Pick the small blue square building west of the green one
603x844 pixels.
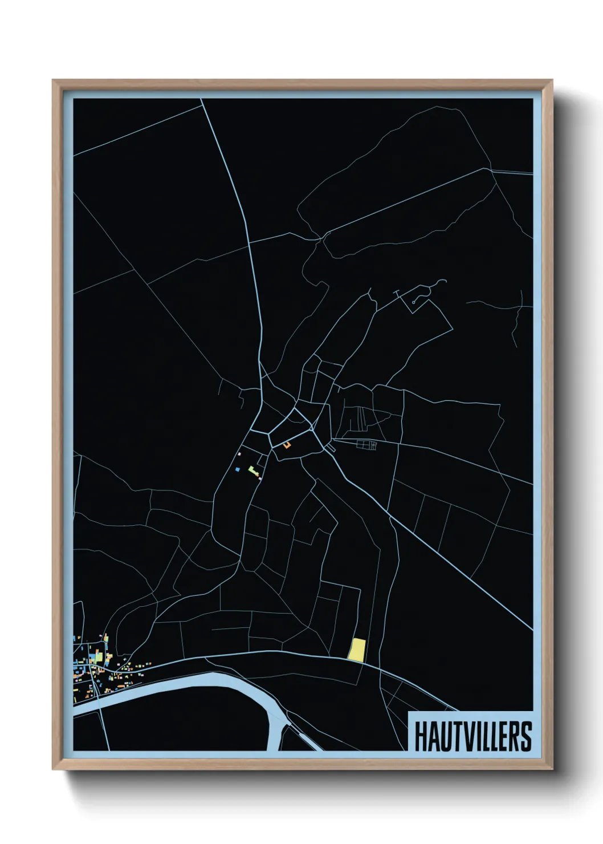point(237,469)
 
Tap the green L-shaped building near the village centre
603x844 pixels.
point(252,470)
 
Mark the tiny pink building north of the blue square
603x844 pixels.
point(240,454)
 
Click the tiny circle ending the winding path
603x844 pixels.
point(414,301)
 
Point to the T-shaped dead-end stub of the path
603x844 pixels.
point(397,292)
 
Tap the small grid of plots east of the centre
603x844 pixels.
point(367,445)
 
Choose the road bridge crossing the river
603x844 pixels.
point(101,700)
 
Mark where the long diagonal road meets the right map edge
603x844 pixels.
point(532,630)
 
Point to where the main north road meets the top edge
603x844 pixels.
point(202,99)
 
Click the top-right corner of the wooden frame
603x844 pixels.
point(552,81)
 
